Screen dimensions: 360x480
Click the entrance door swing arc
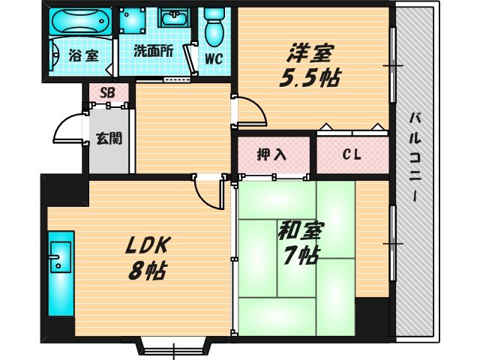[69, 129]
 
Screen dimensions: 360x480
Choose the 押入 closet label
[272, 155]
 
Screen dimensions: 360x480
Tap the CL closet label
[351, 155]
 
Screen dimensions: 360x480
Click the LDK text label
[149, 244]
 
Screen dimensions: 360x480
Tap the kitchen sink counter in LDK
[59, 274]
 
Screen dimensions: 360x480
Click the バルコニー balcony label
[414, 158]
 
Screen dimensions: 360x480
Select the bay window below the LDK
[173, 348]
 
